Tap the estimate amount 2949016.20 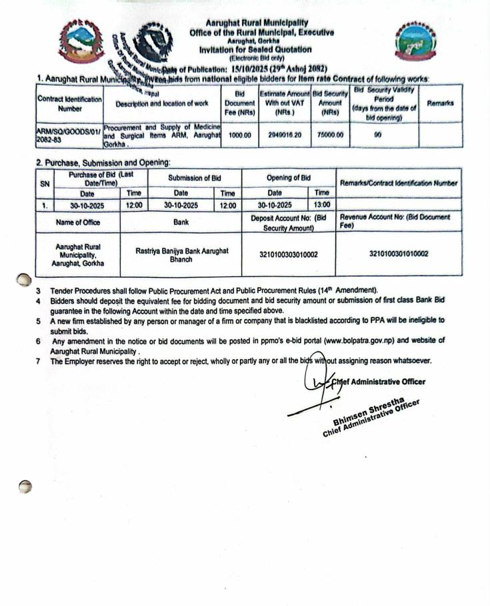[284, 134]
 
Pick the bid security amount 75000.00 [330, 134]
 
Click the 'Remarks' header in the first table [440, 103]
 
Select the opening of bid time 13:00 [322, 205]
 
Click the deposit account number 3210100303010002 [289, 254]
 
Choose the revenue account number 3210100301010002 [398, 254]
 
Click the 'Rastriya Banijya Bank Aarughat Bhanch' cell [181, 254]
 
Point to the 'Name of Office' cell [77, 221]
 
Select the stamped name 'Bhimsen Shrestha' [368, 409]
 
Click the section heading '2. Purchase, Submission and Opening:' [103, 162]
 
